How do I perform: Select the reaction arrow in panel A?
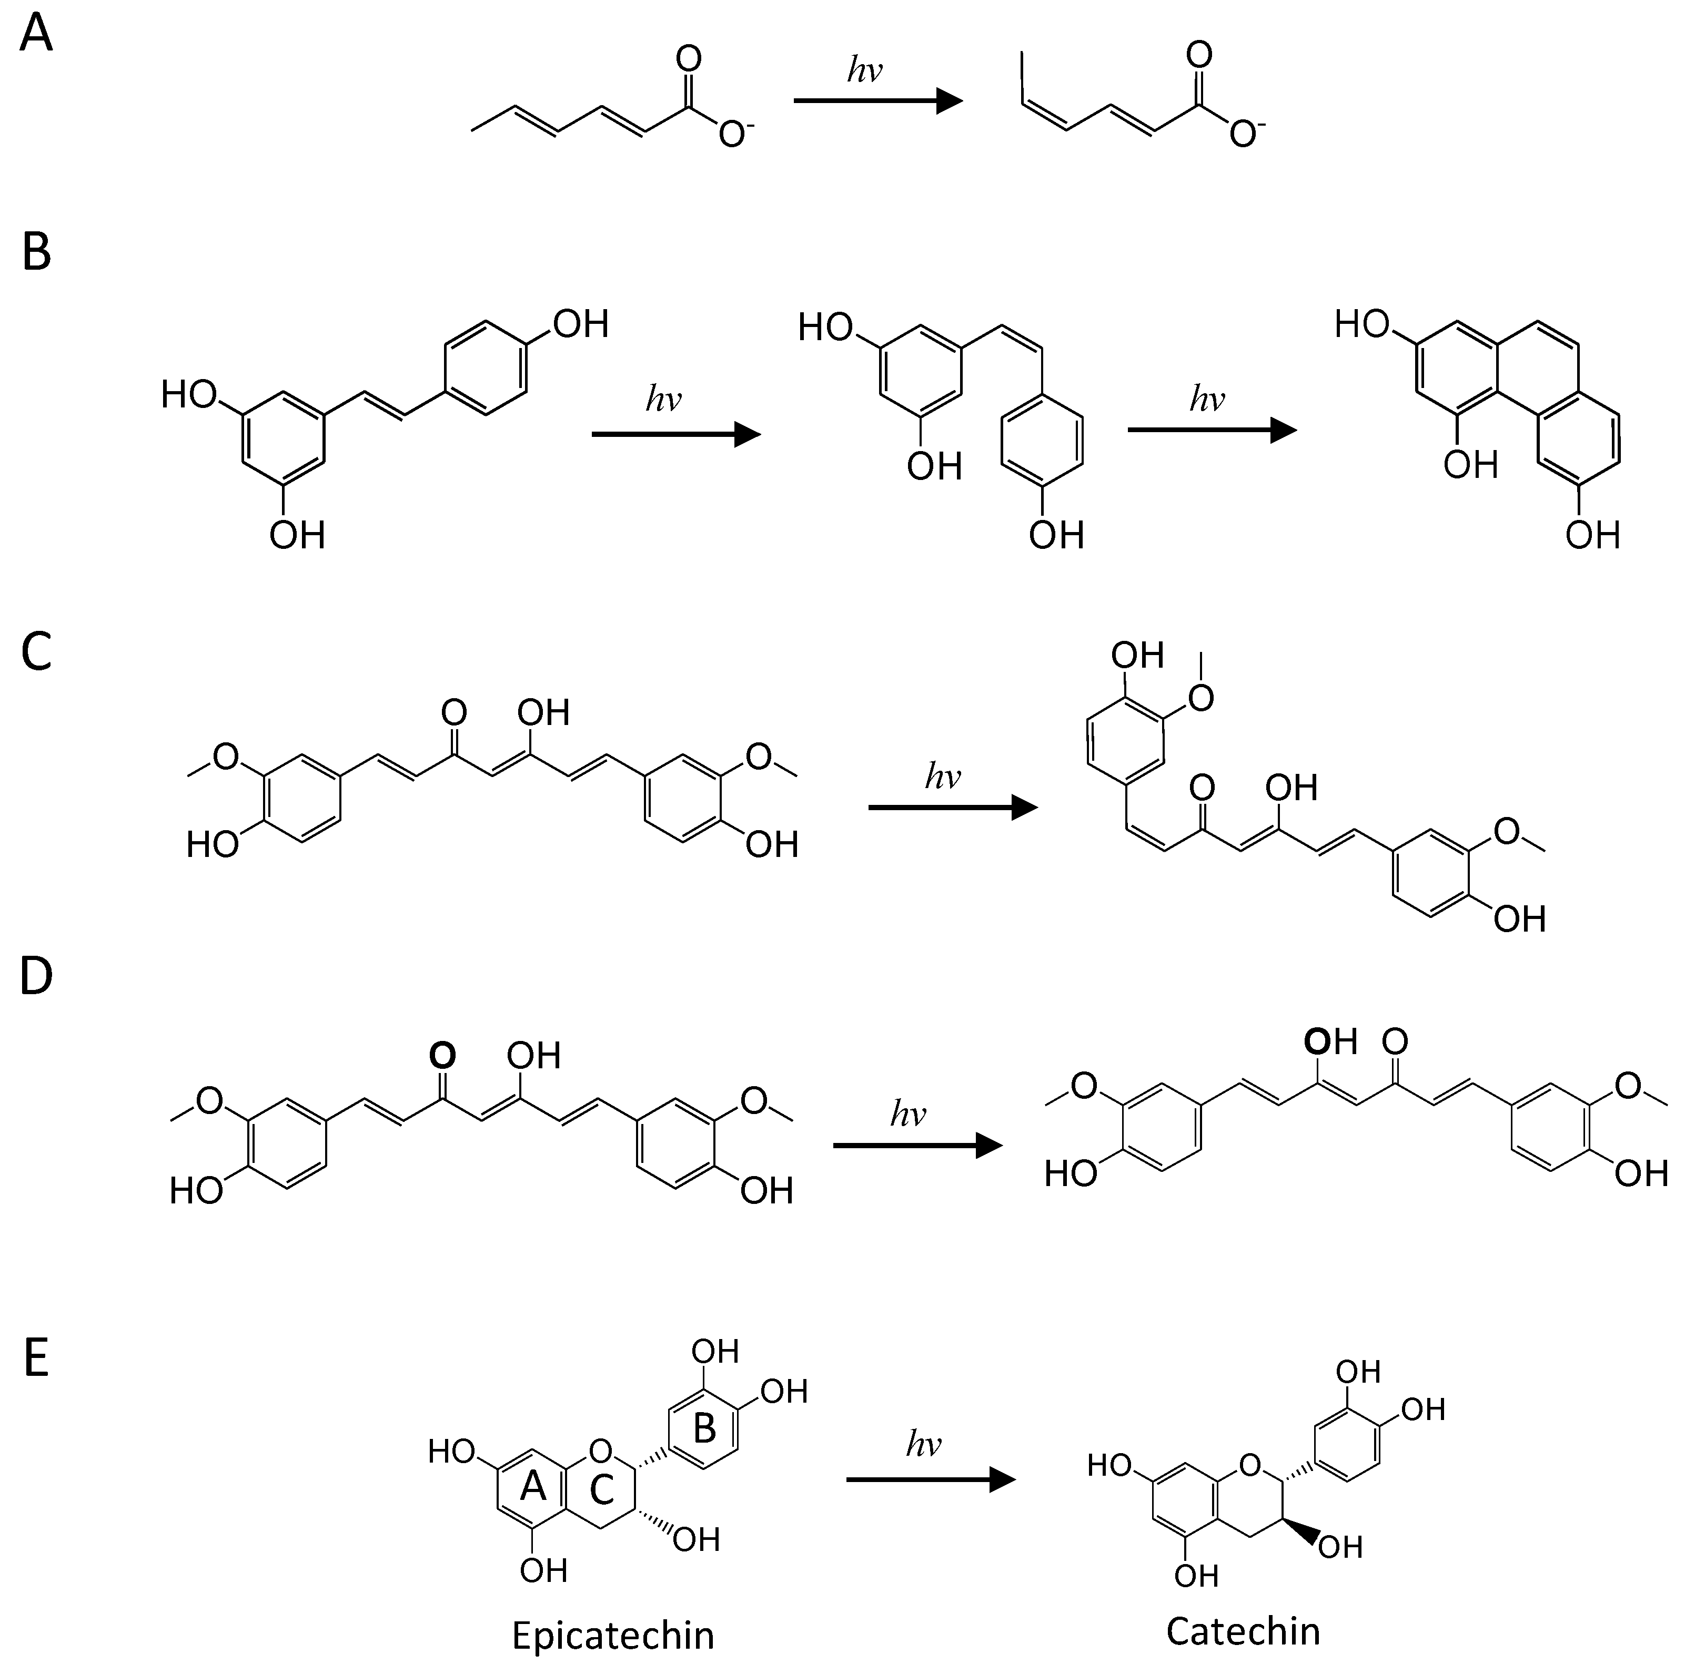coord(876,102)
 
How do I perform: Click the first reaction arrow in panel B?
coord(676,433)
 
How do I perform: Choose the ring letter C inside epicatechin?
coord(602,1490)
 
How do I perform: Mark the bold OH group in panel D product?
coord(1330,1041)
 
